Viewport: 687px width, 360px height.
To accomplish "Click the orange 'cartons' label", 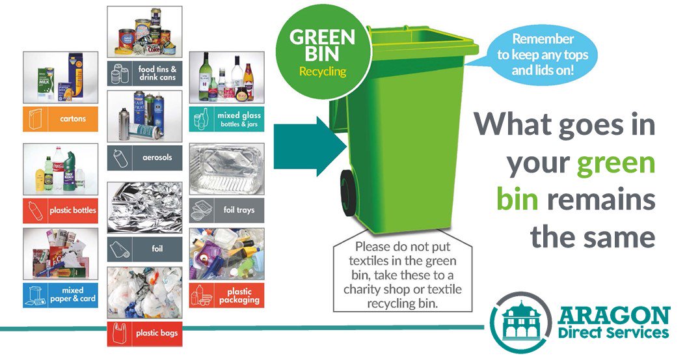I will (x=61, y=118).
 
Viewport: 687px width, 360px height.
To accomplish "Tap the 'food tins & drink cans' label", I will (x=144, y=73).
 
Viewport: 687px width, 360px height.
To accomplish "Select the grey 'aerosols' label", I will (x=144, y=158).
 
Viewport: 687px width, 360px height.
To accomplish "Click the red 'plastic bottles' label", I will (x=61, y=210).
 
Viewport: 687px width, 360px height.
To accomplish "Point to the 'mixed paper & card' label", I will (x=61, y=295).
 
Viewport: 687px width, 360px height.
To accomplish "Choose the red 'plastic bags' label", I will (x=144, y=333).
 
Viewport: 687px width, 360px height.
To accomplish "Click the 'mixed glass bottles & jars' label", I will (x=226, y=119).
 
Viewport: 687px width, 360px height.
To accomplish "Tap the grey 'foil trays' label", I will (x=226, y=210).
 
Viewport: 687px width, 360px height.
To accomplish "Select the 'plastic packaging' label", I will (x=226, y=295).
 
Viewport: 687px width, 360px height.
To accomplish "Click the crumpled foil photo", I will (x=144, y=207).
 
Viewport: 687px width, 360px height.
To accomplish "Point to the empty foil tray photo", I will (x=226, y=169).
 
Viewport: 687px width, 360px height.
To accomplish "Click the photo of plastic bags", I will (x=144, y=292).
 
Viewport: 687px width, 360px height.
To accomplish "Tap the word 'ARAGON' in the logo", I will (x=613, y=317).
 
